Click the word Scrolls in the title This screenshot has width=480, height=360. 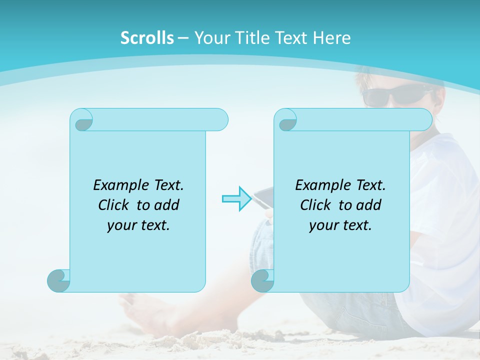147,38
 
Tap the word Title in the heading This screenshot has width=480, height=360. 249,38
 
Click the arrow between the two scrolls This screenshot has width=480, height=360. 236,199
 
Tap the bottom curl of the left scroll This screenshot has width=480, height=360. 58,280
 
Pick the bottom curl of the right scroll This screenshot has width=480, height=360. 262,280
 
